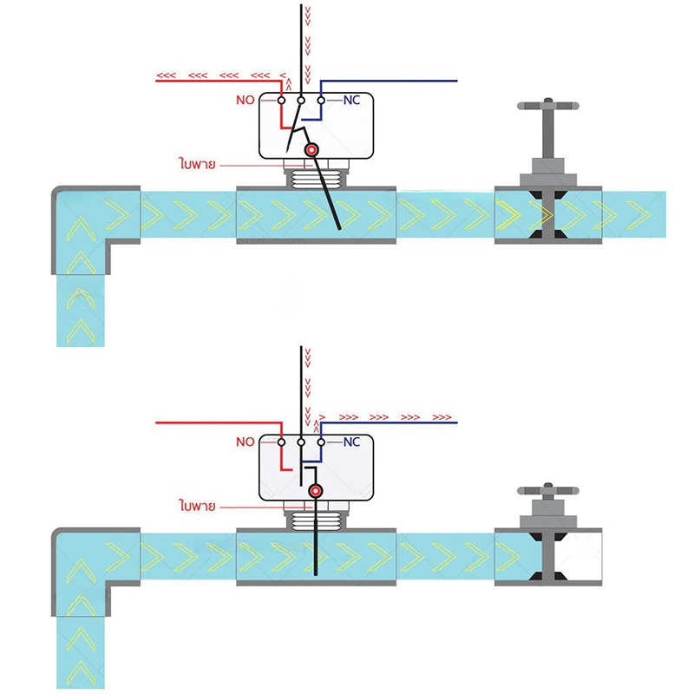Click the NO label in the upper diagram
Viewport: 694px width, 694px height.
pos(246,100)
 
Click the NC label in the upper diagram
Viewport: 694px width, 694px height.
pos(351,100)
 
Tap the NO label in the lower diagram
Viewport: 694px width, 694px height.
pos(246,442)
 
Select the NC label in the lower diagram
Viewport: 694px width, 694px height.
pos(351,442)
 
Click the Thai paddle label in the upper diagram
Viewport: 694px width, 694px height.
pos(198,163)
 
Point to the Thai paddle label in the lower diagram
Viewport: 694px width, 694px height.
pos(198,505)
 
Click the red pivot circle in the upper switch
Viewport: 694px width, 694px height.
pos(311,150)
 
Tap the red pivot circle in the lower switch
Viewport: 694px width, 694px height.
pos(316,491)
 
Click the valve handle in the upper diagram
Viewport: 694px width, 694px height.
pos(548,106)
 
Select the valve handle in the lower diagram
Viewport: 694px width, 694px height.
pos(548,491)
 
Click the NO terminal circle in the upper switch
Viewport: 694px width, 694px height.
pos(281,101)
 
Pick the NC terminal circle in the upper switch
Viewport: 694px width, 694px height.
pos(321,101)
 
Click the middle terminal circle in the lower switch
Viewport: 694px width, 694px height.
pos(301,442)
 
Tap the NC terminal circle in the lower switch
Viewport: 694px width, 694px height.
pos(321,442)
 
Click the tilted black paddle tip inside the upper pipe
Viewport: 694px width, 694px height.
pos(339,229)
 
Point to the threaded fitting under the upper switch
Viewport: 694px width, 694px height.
pos(316,178)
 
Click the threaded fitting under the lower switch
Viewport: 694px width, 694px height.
pos(316,520)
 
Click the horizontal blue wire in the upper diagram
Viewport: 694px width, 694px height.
pos(389,81)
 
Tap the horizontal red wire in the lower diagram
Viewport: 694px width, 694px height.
pos(219,422)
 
